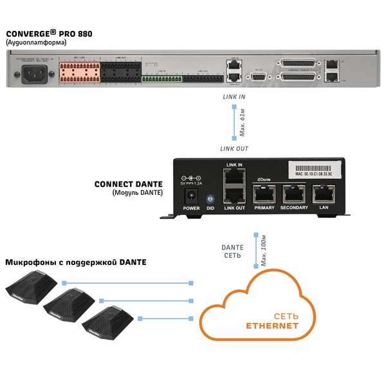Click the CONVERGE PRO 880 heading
pos(45,34)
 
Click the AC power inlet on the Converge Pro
pos(33,75)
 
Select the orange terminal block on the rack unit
pos(79,71)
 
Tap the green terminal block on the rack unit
pos(162,79)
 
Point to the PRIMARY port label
pos(264,208)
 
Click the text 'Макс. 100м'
pos(263,252)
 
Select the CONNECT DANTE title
pos(129,184)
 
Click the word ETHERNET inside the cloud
pos(273,326)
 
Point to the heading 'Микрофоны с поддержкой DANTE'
pos(76,262)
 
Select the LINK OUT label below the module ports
pos(234,208)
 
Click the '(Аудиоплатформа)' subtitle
pos(36,43)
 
